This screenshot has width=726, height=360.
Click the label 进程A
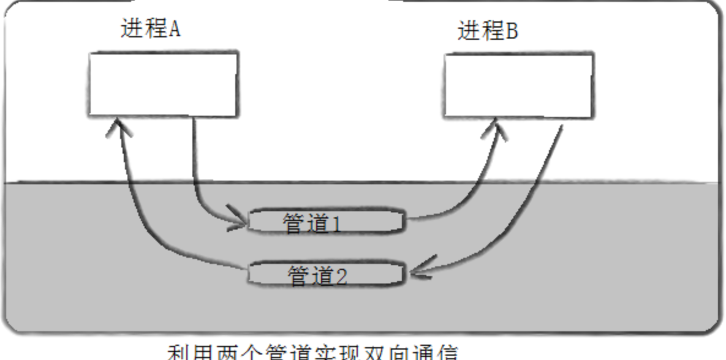pyautogui.click(x=150, y=30)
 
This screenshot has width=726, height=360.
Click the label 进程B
pyautogui.click(x=488, y=31)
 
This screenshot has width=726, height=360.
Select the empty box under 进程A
pyautogui.click(x=162, y=84)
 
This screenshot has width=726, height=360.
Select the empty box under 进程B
pyautogui.click(x=518, y=85)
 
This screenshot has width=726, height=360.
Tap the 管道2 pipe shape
pyautogui.click(x=326, y=274)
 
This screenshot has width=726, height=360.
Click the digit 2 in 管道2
pyautogui.click(x=341, y=277)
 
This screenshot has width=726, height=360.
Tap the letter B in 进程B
pyautogui.click(x=512, y=31)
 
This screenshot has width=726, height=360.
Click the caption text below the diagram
pyautogui.click(x=312, y=353)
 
